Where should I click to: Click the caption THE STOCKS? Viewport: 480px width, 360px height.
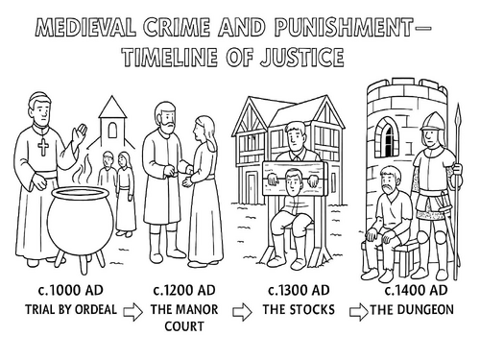click(x=293, y=309)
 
